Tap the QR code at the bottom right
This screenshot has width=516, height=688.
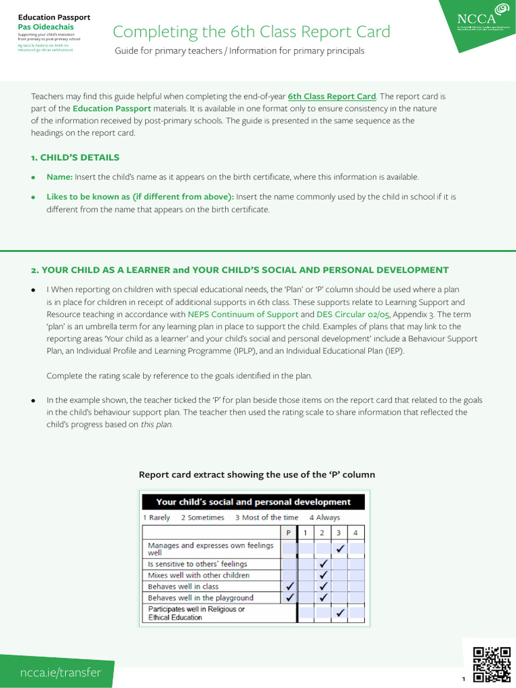(492, 664)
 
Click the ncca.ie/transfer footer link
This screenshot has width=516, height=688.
(61, 673)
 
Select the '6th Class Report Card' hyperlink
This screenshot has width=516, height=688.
(332, 97)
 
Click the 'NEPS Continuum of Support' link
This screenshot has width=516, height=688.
(243, 314)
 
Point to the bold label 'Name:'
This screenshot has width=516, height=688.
(59, 177)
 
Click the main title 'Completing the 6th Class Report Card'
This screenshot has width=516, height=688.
(251, 32)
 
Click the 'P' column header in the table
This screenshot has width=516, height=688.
(289, 533)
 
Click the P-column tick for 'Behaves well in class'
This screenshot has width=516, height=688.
(289, 587)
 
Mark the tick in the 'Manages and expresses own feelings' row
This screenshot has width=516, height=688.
(340, 549)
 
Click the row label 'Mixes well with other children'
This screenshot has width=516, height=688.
(198, 575)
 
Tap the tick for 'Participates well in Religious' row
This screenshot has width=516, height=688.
(340, 613)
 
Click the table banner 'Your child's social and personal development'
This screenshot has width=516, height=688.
(253, 502)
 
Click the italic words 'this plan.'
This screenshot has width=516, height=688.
(157, 425)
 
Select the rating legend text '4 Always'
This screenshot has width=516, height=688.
(325, 517)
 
